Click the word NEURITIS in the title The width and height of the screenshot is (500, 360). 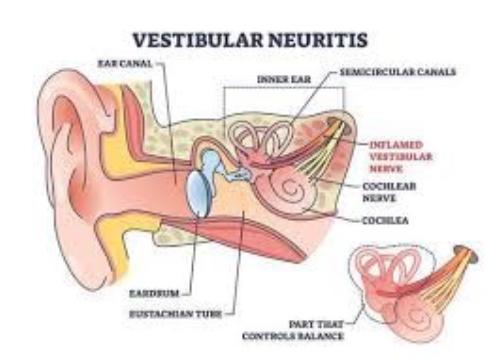coord(317,41)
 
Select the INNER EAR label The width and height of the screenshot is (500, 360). coord(279,77)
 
